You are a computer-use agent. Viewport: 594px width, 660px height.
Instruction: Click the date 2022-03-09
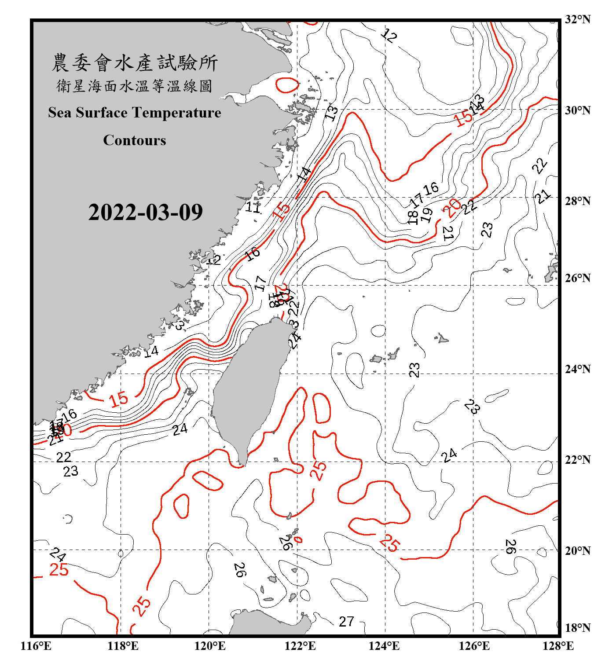tap(145, 212)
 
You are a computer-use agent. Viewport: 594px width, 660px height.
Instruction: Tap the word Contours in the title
tap(135, 140)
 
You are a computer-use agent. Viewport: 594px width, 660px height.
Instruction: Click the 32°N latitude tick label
tap(577, 19)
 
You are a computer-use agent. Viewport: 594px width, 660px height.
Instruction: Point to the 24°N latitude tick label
tap(577, 369)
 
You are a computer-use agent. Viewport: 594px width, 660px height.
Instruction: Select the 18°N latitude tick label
tap(577, 627)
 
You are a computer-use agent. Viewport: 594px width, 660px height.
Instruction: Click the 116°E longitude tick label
tap(36, 646)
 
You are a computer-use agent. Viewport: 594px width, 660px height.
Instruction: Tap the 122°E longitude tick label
tap(300, 646)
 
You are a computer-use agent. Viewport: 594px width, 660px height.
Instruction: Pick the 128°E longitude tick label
tap(558, 646)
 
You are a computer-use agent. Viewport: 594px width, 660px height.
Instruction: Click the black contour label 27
tap(346, 621)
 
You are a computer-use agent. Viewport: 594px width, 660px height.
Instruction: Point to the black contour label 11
tap(253, 206)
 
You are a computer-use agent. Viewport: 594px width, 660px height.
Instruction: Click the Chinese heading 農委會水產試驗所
tap(135, 62)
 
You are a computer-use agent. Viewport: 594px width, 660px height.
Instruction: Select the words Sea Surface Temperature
tap(135, 113)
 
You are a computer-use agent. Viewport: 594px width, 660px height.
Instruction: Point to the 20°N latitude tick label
tap(577, 550)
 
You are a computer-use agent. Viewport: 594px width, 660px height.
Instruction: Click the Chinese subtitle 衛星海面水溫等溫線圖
tap(135, 86)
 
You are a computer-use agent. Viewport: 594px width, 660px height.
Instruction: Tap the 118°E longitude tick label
tap(123, 646)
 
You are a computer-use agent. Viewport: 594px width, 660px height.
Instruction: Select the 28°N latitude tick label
tap(577, 201)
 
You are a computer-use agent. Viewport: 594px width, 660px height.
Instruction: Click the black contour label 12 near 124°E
tap(389, 35)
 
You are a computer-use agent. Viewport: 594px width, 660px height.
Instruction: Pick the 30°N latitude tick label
tap(577, 110)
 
